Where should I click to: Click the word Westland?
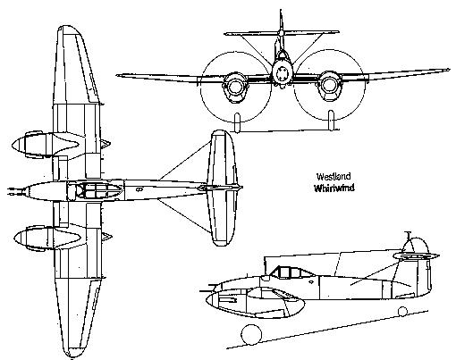click(334, 177)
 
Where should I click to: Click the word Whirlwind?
click(334, 188)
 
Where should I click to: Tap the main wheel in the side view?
click(251, 334)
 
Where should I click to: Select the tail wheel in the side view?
click(402, 312)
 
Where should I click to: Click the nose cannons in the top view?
click(15, 191)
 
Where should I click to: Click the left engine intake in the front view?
click(235, 86)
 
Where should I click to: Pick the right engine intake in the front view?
click(328, 85)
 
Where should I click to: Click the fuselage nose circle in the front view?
click(283, 74)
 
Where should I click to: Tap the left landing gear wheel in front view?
click(237, 122)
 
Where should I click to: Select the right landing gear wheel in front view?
click(331, 120)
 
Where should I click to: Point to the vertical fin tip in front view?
click(281, 11)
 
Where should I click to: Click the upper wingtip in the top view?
click(69, 29)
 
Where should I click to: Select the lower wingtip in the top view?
click(74, 353)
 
